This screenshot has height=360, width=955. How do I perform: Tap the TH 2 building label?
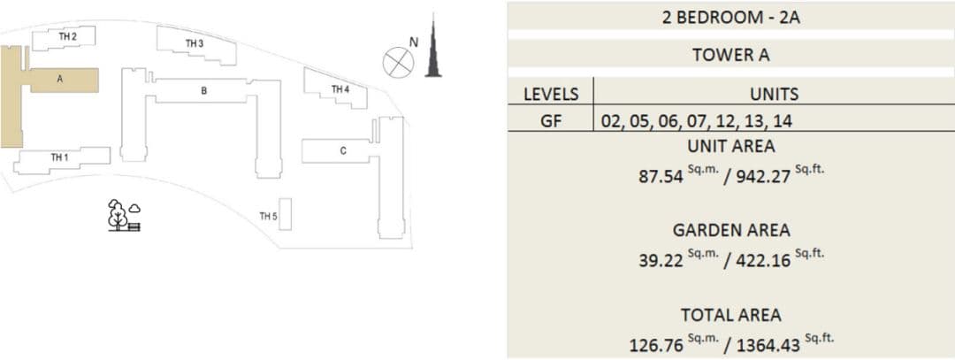tap(67, 36)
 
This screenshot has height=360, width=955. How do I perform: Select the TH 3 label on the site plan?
tap(195, 43)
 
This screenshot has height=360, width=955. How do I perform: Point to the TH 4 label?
tap(340, 89)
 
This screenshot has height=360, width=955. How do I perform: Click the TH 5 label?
tap(269, 216)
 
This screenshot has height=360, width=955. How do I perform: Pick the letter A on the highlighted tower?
tap(60, 79)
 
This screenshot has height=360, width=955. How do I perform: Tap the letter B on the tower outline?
tap(204, 91)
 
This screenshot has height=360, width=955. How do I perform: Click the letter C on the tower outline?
tap(343, 151)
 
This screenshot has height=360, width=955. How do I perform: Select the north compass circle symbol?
tap(398, 63)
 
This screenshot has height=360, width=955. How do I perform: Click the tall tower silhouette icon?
tap(433, 46)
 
